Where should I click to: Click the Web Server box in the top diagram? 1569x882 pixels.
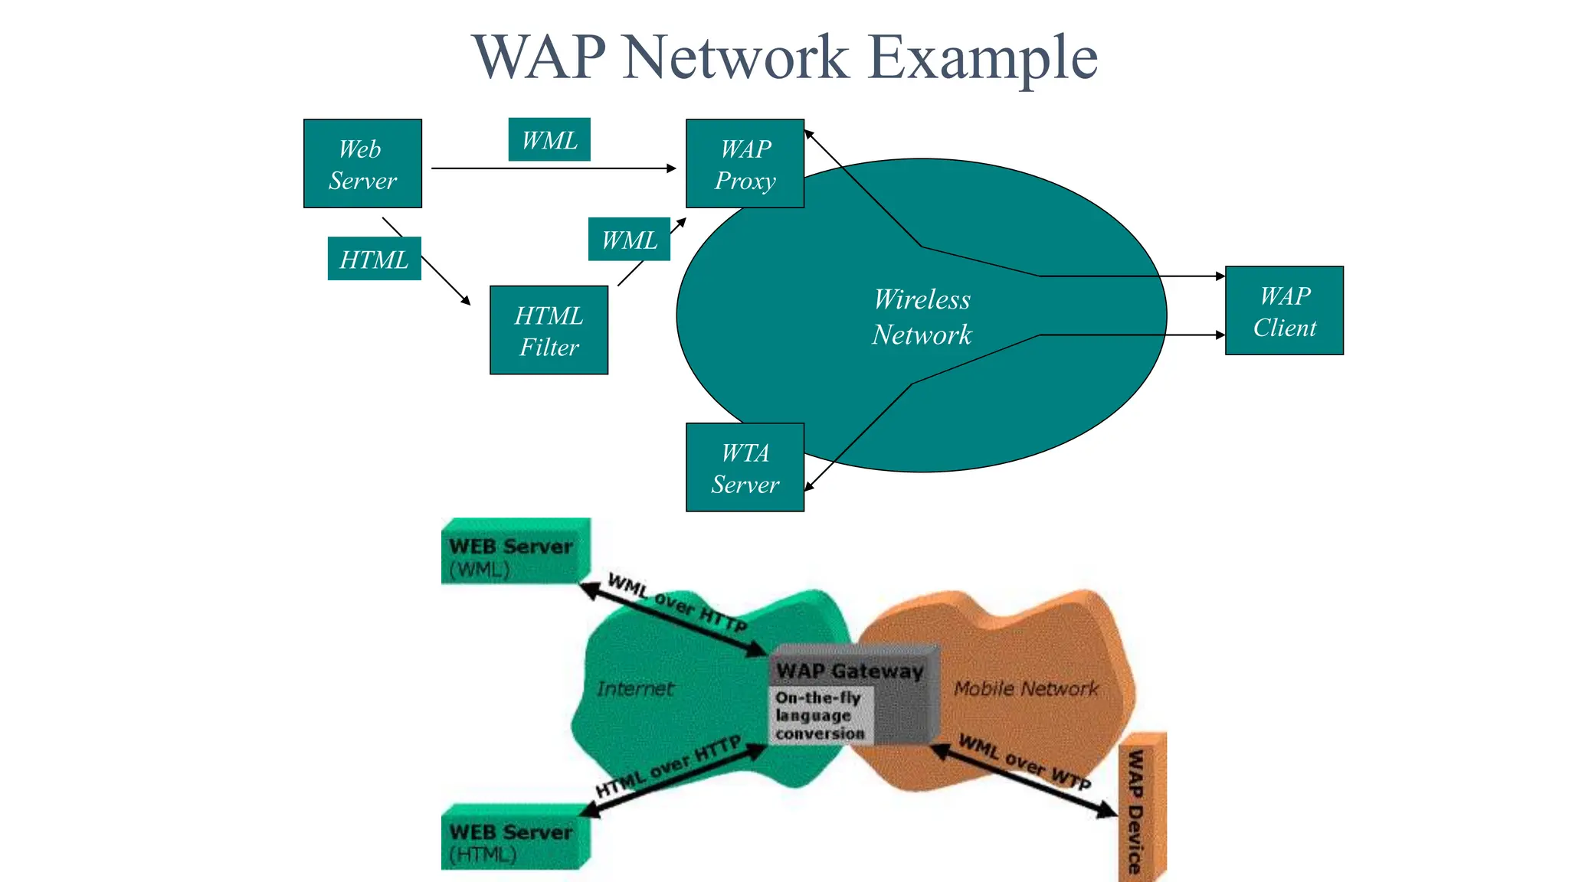point(362,164)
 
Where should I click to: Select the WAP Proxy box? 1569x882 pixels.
point(745,164)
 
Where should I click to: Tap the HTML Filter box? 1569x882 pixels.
point(549,331)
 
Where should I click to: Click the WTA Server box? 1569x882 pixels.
point(745,468)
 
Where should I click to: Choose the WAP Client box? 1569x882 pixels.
point(1284,311)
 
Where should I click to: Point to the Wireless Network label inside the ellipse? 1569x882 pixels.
point(922,317)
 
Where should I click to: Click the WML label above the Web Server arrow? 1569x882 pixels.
point(549,140)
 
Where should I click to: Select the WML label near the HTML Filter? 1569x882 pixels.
point(629,240)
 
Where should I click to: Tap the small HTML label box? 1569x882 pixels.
point(374,260)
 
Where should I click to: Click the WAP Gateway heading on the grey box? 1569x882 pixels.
point(849,671)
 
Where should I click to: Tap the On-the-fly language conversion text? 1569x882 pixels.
point(819,715)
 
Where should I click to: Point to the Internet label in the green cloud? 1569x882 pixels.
point(635,688)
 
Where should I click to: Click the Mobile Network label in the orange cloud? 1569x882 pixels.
point(1026,688)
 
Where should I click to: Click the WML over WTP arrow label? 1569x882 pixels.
point(1024,762)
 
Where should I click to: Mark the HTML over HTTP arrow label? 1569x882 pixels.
point(669,767)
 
